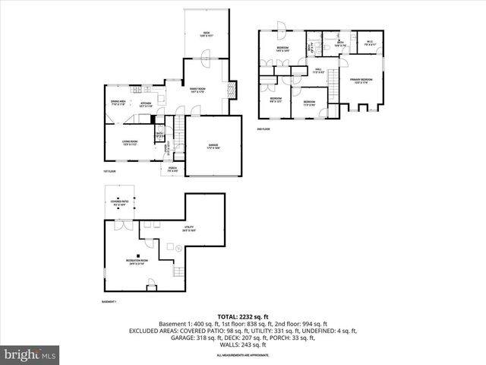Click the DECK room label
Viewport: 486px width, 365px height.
[207, 33]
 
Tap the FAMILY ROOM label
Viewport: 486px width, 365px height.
[200, 90]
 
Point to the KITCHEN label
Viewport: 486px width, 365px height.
[146, 103]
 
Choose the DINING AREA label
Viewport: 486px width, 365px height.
[118, 102]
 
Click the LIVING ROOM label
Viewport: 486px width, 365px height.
[131, 142]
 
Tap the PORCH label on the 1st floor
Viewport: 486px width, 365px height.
[172, 170]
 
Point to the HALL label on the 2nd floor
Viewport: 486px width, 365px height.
[318, 71]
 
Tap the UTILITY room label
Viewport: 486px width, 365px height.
[188, 228]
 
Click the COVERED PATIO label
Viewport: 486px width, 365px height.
[119, 203]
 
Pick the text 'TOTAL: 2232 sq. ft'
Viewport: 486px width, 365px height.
[242, 316]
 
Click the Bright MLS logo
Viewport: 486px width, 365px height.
[30, 354]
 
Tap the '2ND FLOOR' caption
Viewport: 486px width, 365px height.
[264, 130]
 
